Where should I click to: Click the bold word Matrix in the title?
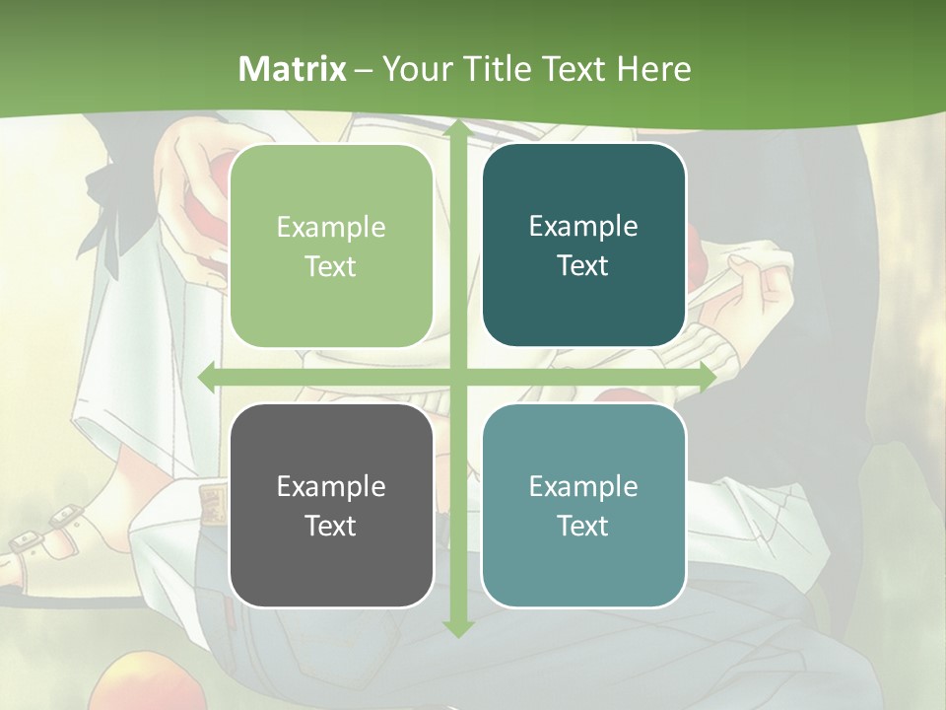(293, 69)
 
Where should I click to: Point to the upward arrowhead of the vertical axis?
(457, 131)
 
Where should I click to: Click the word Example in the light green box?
(331, 228)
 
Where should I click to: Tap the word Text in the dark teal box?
(583, 265)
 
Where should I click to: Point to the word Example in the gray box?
(331, 486)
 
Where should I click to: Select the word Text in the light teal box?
(583, 526)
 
